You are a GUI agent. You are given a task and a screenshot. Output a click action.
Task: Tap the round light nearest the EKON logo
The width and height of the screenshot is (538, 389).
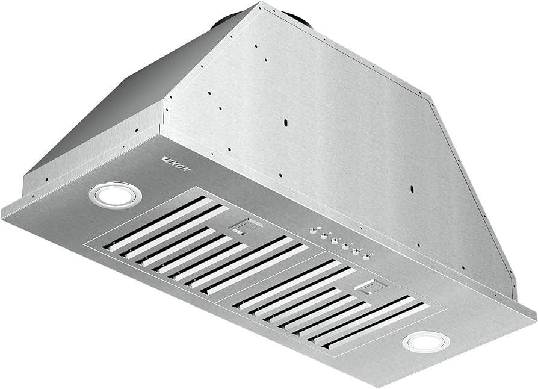[115, 194]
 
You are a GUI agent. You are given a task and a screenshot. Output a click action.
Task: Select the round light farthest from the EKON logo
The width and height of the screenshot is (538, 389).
[425, 342]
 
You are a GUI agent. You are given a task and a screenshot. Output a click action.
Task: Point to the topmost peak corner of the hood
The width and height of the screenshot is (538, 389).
[261, 5]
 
